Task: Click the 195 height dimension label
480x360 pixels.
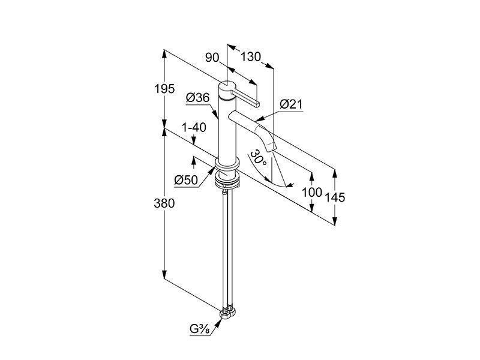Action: [164, 89]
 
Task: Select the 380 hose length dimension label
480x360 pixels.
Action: [164, 203]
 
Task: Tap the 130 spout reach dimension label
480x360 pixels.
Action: [250, 57]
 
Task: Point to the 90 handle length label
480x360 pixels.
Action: [212, 57]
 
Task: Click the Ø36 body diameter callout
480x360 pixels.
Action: [198, 98]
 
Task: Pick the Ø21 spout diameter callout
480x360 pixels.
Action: [291, 104]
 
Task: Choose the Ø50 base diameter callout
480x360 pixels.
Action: [186, 180]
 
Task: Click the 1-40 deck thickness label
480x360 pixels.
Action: [194, 127]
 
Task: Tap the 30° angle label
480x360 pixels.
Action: [258, 158]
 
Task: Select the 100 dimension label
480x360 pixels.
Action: [312, 193]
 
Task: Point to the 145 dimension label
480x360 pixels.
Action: [335, 197]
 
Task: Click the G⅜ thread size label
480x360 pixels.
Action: [200, 329]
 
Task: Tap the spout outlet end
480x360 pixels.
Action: [271, 149]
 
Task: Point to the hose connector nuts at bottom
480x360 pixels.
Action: [228, 313]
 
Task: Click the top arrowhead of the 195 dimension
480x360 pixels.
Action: [164, 53]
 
